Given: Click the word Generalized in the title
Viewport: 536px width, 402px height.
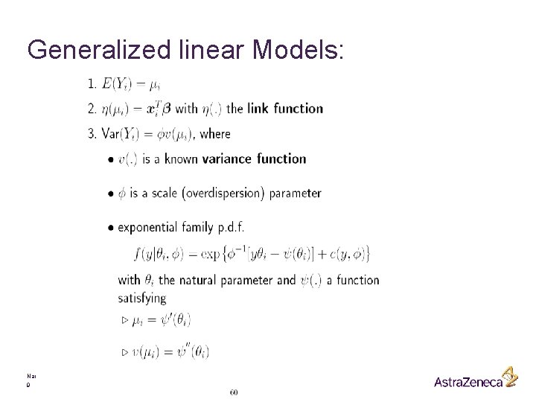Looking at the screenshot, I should pyautogui.click(x=91, y=51).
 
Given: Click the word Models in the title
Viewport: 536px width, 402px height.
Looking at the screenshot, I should pyautogui.click(x=296, y=50).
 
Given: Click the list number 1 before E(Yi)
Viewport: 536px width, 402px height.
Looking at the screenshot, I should pyautogui.click(x=91, y=83).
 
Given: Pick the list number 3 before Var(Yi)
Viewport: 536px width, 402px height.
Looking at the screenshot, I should pyautogui.click(x=91, y=134).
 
